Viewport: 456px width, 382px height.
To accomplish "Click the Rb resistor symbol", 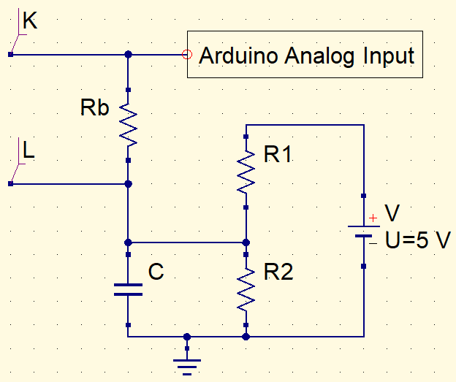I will coord(128,124).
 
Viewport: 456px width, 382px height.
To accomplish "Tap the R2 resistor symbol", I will coord(246,289).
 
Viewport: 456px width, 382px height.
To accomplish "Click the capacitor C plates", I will coord(128,289).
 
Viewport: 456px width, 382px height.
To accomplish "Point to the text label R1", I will coord(278,155).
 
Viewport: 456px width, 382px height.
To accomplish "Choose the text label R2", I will coord(278,272).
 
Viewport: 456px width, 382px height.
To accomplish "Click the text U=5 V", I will coord(417,240).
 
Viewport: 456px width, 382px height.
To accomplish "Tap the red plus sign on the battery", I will coord(373,218).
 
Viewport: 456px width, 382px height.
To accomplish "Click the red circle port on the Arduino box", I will coord(186,53).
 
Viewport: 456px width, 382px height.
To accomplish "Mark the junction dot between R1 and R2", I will coord(246,242).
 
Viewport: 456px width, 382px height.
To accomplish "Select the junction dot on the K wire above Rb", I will coord(128,53).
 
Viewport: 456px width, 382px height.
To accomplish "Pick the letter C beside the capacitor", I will coord(156,272).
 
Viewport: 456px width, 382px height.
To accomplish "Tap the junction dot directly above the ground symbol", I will coord(187,337).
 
